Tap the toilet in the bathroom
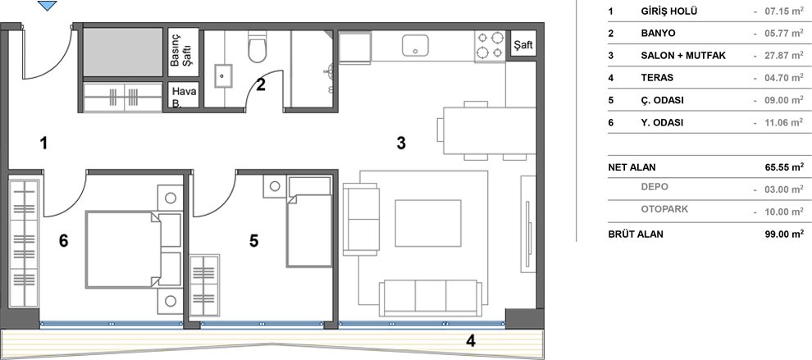pyautogui.click(x=257, y=47)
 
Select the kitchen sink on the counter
pyautogui.click(x=415, y=46)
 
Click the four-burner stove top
pyautogui.click(x=490, y=45)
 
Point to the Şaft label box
pyautogui.click(x=523, y=46)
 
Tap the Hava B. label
pyautogui.click(x=184, y=97)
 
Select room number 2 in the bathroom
pyautogui.click(x=261, y=84)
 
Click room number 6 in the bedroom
pyautogui.click(x=64, y=241)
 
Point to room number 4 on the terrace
pyautogui.click(x=470, y=341)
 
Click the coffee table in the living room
pyautogui.click(x=428, y=223)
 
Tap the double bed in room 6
pyautogui.click(x=134, y=248)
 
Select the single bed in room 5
pyautogui.click(x=309, y=222)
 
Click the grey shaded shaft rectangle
pyautogui.click(x=123, y=52)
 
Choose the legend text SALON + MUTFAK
pyautogui.click(x=683, y=56)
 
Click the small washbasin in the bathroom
pyautogui.click(x=223, y=76)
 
